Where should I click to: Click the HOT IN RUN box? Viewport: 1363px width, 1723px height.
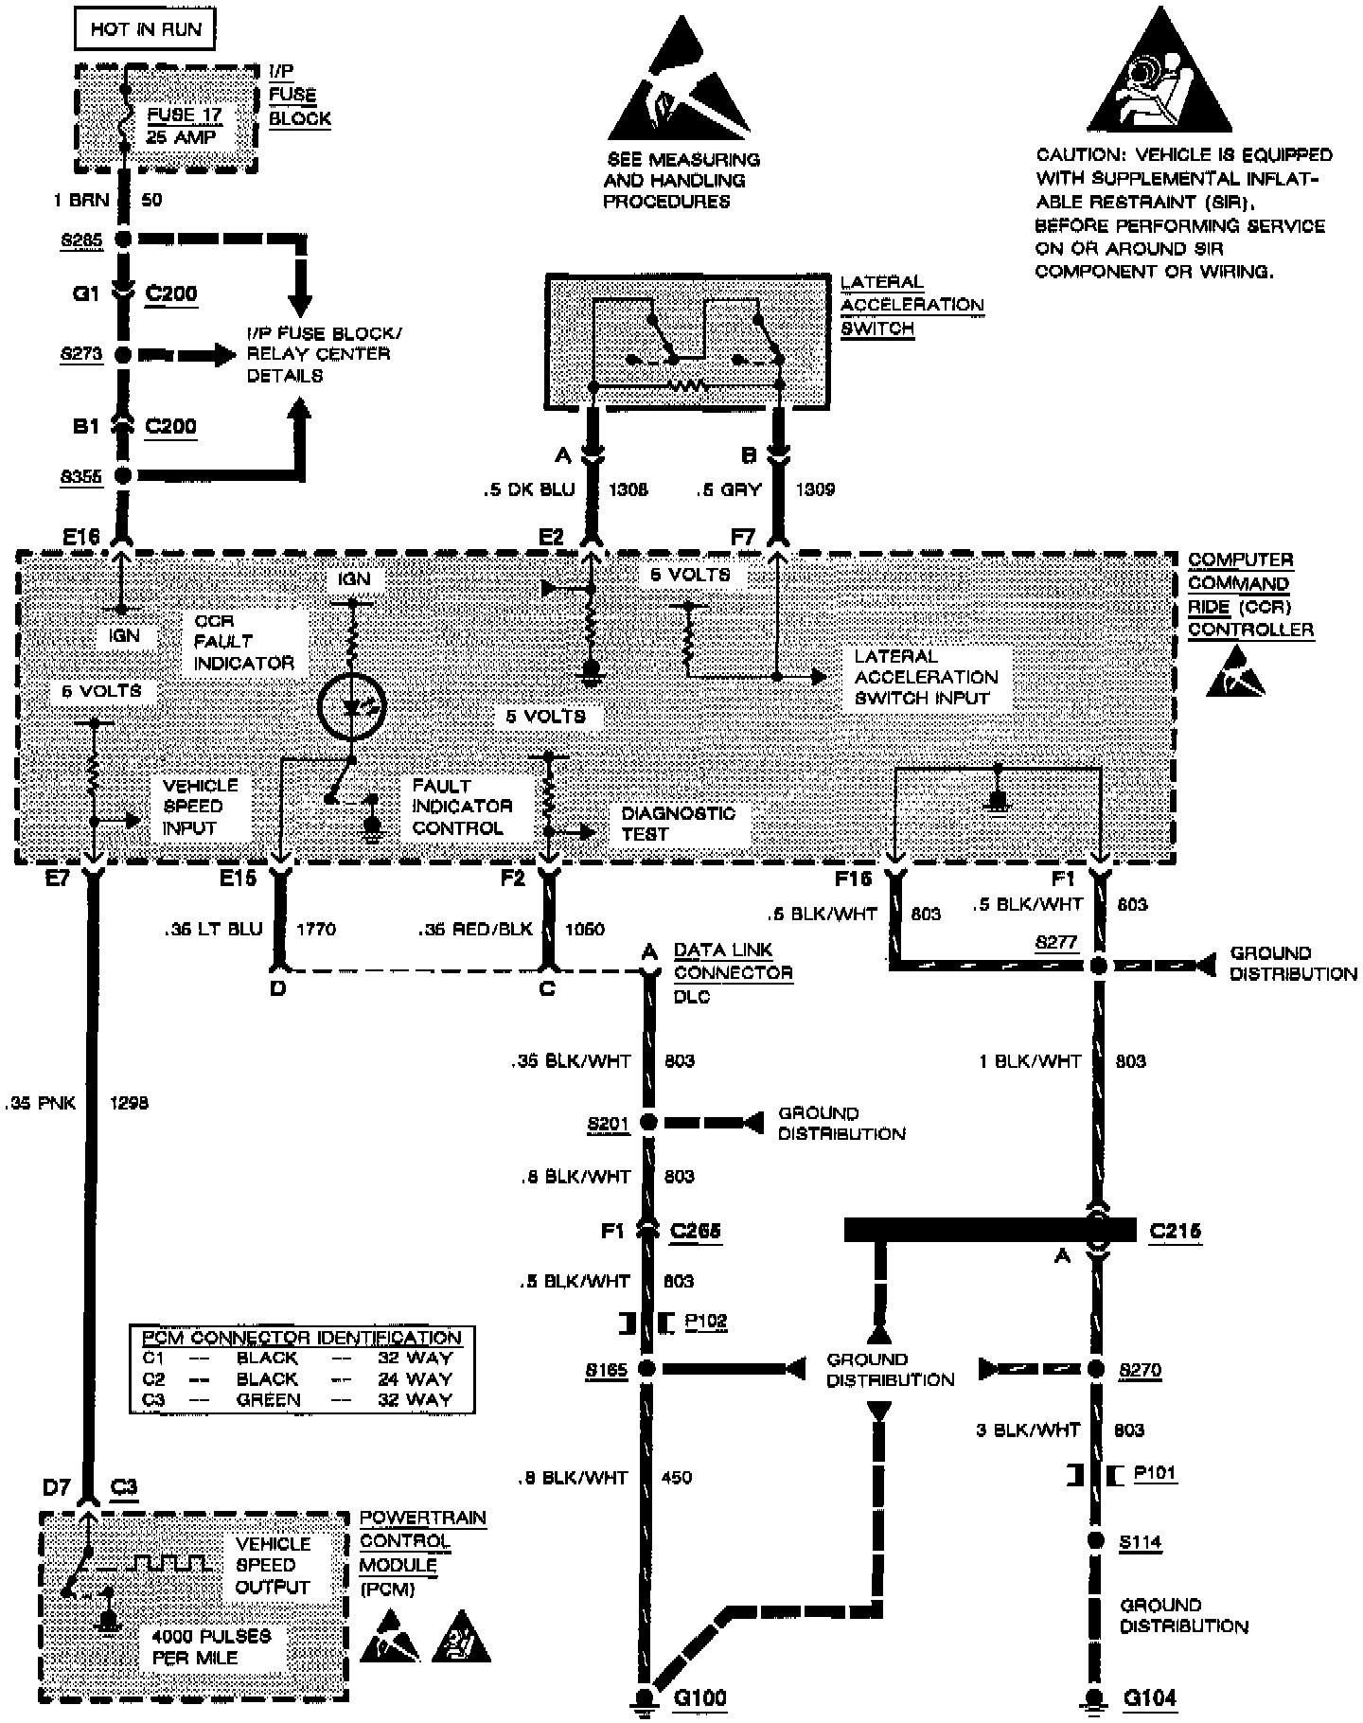pyautogui.click(x=145, y=29)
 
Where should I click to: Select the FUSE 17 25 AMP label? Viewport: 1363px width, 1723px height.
pyautogui.click(x=184, y=126)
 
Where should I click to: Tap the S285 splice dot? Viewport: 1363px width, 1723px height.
pyautogui.click(x=123, y=240)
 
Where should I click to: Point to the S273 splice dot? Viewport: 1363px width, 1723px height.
pyautogui.click(x=123, y=355)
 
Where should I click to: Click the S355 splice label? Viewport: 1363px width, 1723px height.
pyautogui.click(x=81, y=477)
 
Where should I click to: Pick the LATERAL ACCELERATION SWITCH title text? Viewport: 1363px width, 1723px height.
pyautogui.click(x=912, y=305)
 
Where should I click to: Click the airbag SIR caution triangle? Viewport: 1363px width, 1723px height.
pyautogui.click(x=1159, y=76)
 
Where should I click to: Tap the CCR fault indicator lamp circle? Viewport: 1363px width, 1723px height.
pyautogui.click(x=352, y=707)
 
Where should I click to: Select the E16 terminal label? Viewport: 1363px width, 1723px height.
pyautogui.click(x=81, y=538)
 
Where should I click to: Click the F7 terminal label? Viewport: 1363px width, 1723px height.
pyautogui.click(x=744, y=538)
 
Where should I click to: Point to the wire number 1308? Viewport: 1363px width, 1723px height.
pyautogui.click(x=628, y=489)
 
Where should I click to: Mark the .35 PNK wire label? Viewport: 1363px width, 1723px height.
pyautogui.click(x=40, y=1103)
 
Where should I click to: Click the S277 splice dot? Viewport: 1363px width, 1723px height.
pyautogui.click(x=1098, y=966)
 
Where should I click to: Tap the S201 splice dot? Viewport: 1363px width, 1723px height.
pyautogui.click(x=648, y=1123)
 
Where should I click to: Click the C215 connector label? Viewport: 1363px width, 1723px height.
pyautogui.click(x=1175, y=1231)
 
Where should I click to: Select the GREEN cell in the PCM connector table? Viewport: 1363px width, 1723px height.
pyautogui.click(x=268, y=1399)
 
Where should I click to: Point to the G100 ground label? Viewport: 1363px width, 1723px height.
pyautogui.click(x=700, y=1697)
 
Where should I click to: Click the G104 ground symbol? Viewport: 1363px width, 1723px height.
pyautogui.click(x=1096, y=1697)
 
